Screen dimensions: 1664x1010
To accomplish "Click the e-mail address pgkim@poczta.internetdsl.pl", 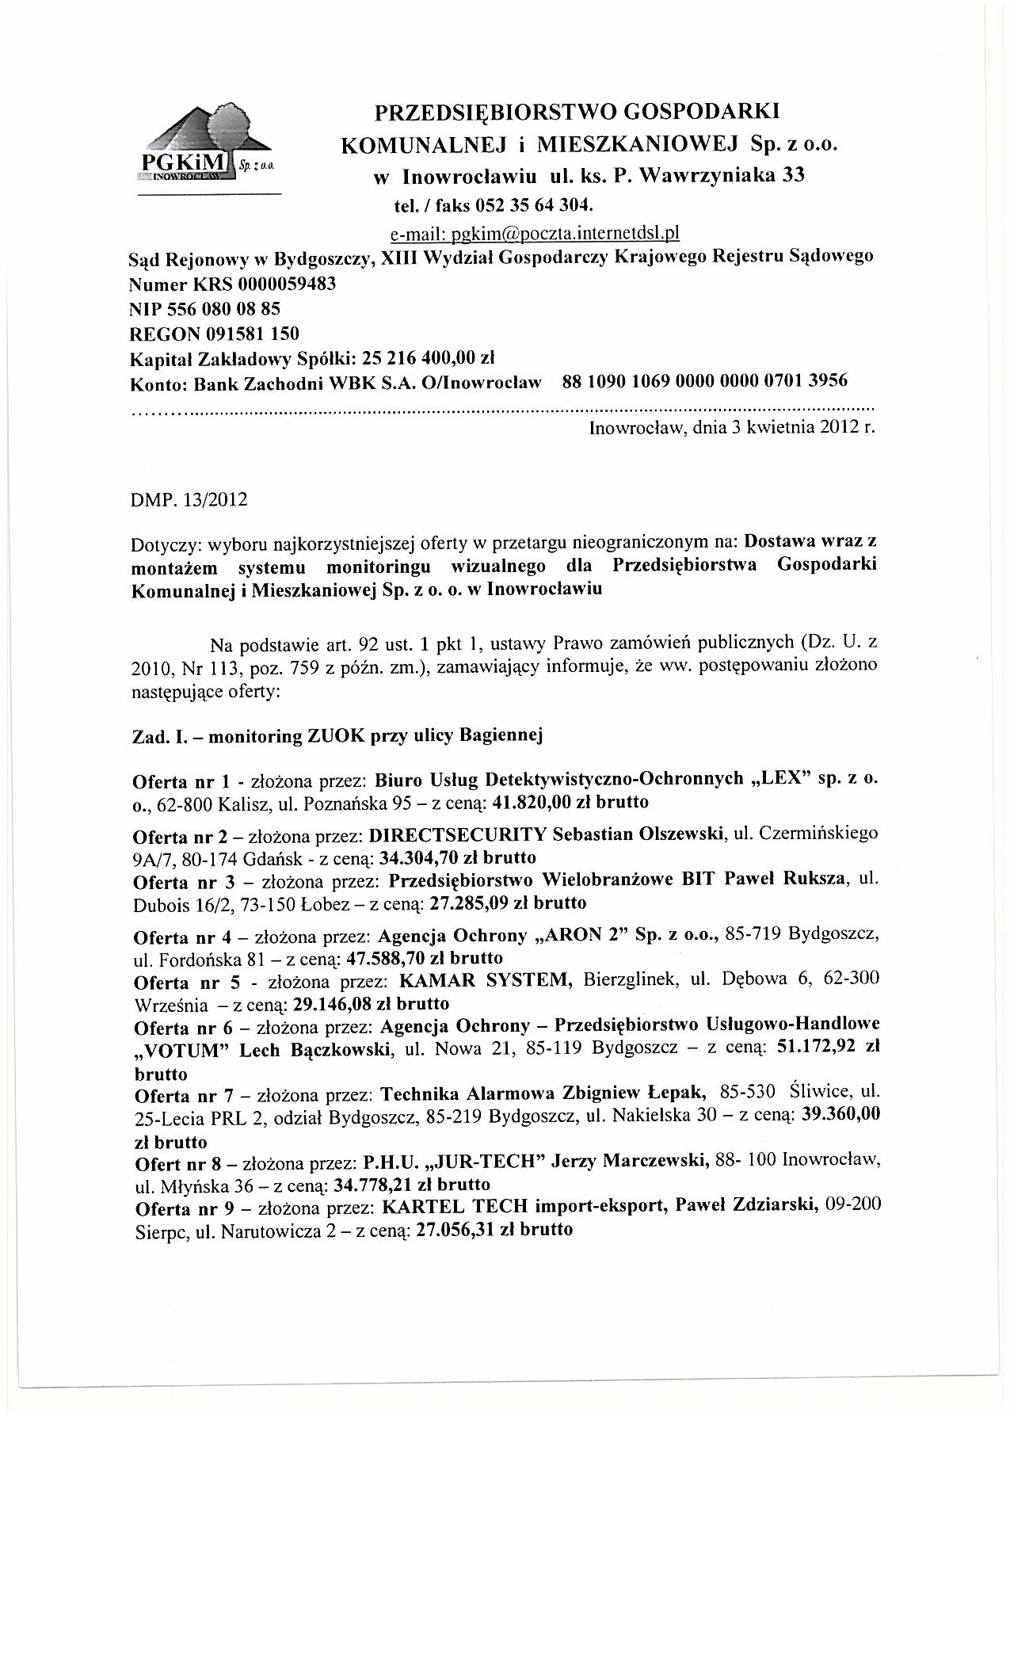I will [x=535, y=234].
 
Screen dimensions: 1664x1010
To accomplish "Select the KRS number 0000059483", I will [x=282, y=283].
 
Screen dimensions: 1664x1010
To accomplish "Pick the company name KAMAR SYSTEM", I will [x=486, y=980].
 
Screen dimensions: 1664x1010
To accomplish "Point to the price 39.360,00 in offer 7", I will [x=842, y=1114].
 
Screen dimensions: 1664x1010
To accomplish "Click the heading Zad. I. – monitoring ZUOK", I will [x=337, y=736].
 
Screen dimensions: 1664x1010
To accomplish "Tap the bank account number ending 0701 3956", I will [x=704, y=380].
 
